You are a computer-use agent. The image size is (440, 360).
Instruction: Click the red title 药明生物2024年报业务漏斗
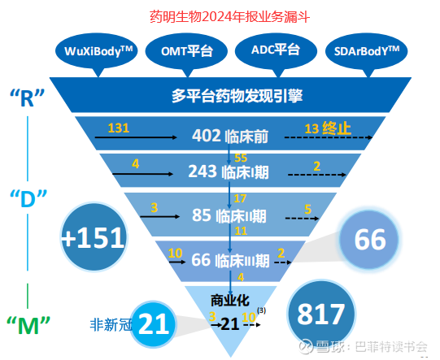(x=230, y=17)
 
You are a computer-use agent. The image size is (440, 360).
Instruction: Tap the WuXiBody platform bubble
(x=97, y=52)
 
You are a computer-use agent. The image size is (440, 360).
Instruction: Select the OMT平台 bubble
(x=186, y=52)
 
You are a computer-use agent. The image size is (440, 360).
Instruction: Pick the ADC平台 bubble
(x=277, y=51)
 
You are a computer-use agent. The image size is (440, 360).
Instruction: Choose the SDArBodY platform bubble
(x=367, y=52)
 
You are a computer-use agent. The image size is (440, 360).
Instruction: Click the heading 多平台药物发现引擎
(x=237, y=96)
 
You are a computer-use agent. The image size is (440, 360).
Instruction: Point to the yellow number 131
(x=119, y=128)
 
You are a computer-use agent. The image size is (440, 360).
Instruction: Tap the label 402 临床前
(x=230, y=136)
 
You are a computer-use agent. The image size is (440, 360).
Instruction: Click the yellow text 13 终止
(x=328, y=128)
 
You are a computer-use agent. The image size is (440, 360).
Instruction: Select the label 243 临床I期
(x=229, y=171)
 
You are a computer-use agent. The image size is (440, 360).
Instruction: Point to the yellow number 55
(x=241, y=158)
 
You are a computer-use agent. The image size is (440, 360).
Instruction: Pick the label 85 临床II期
(x=229, y=215)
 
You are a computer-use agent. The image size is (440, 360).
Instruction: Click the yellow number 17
(x=240, y=198)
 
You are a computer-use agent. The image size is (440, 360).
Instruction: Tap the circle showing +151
(x=94, y=237)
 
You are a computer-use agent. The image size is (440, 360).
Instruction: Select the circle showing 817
(x=321, y=314)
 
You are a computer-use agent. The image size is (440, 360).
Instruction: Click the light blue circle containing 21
(x=154, y=324)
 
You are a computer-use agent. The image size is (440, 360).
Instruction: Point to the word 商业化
(x=230, y=301)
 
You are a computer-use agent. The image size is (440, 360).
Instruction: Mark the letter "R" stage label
(x=27, y=98)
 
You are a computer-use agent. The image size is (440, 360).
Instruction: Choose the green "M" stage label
(x=28, y=325)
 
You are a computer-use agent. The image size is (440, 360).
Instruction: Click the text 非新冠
(x=111, y=325)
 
